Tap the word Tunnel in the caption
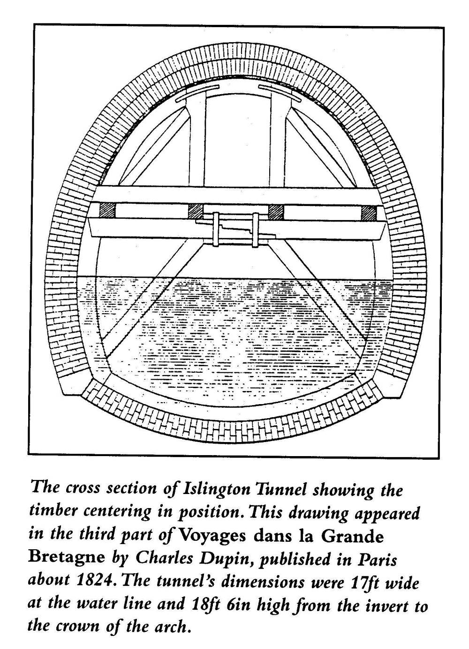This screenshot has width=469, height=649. pos(280,488)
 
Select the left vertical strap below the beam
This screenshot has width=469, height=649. pos(216,229)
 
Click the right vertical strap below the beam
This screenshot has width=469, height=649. pos(255,230)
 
